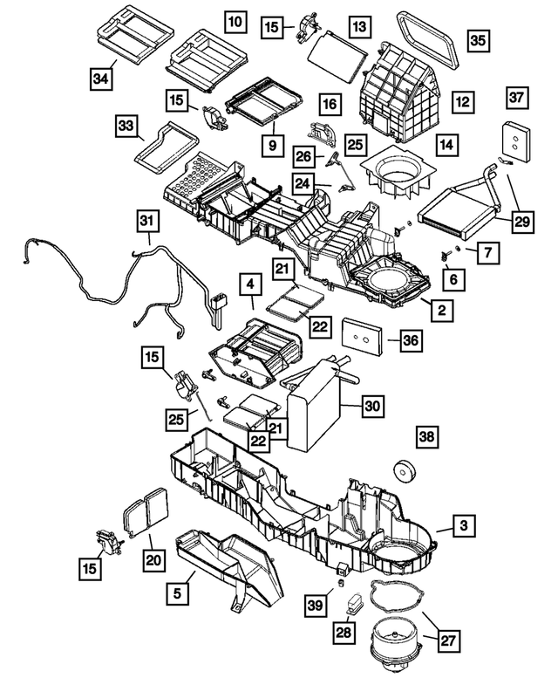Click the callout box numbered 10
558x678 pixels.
click(x=233, y=19)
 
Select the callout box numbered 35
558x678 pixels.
click(x=477, y=40)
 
